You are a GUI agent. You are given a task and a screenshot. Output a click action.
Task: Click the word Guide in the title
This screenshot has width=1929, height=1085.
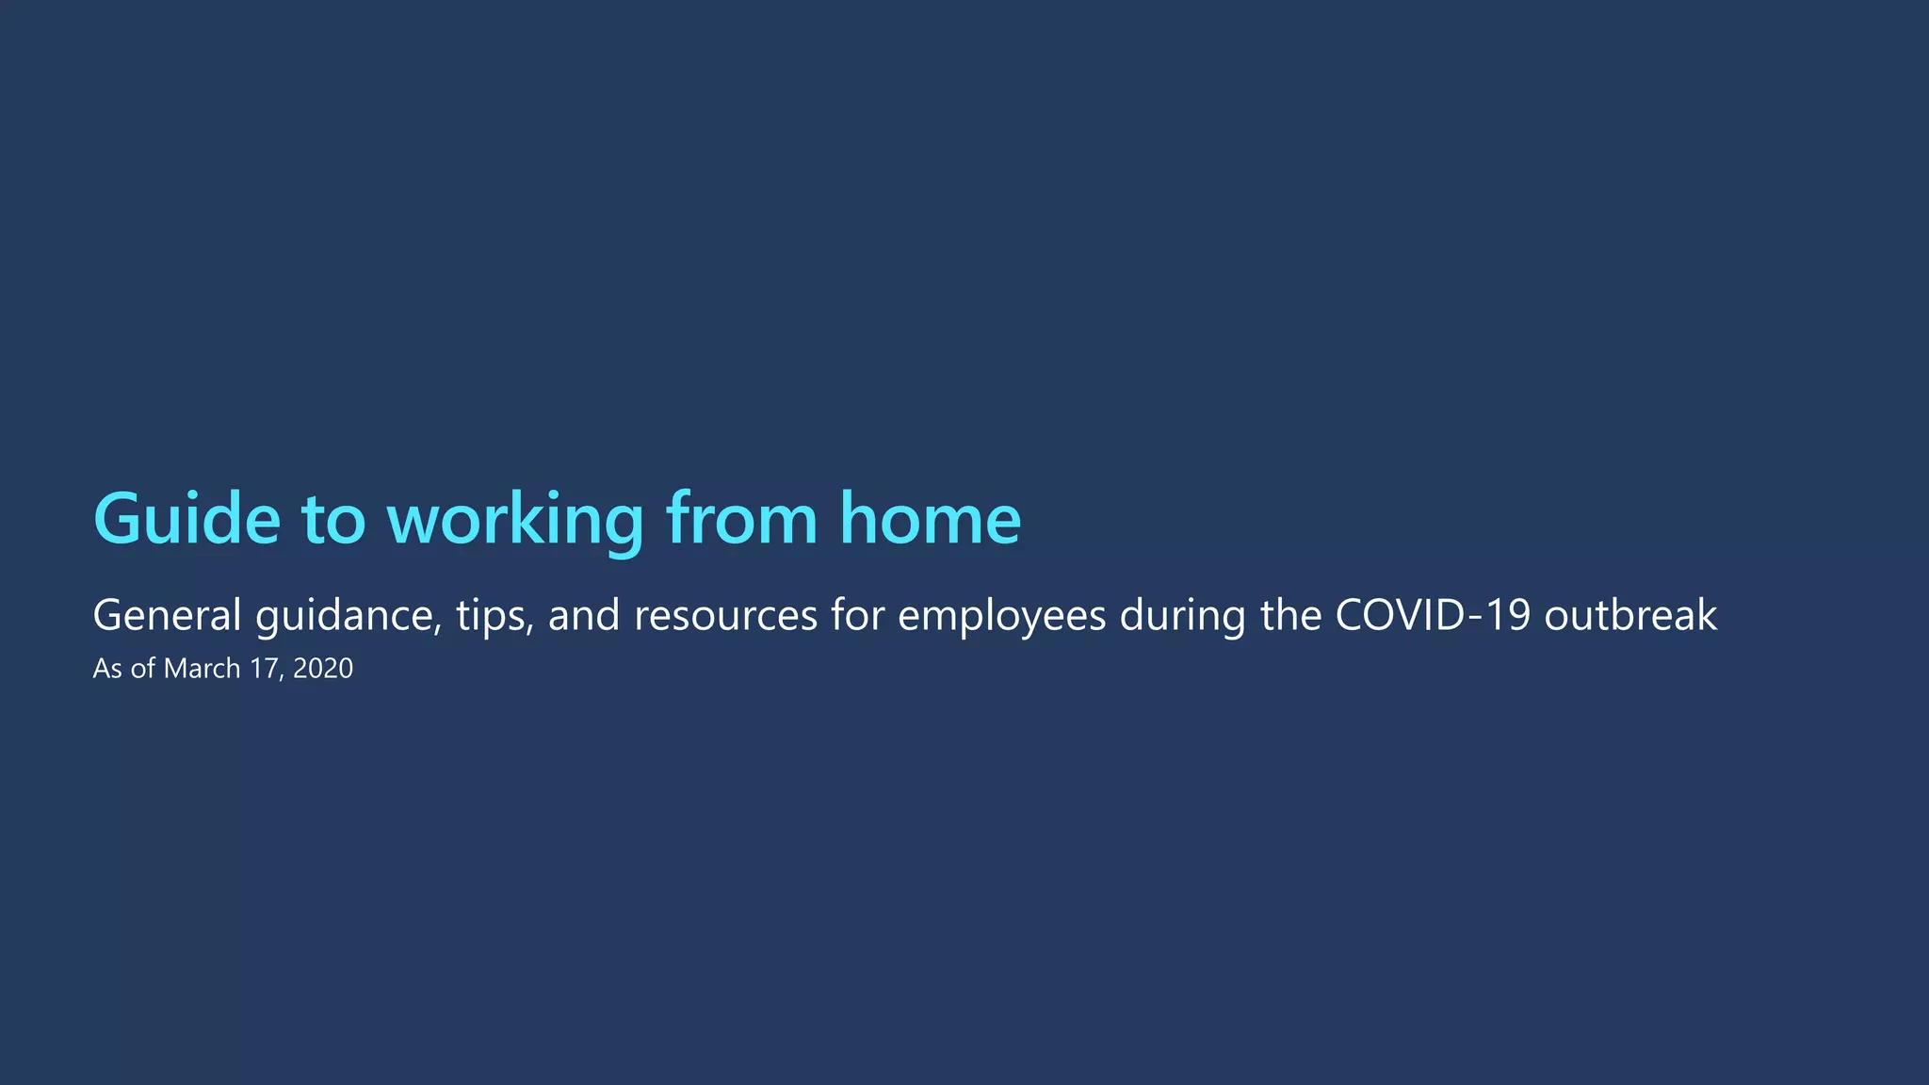pyautogui.click(x=186, y=519)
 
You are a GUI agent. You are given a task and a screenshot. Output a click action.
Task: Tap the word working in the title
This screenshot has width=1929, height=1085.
pyautogui.click(x=515, y=519)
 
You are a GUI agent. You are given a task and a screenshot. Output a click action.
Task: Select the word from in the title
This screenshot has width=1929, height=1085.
pyautogui.click(x=741, y=519)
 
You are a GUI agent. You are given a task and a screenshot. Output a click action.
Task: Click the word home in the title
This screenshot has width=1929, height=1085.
pyautogui.click(x=930, y=519)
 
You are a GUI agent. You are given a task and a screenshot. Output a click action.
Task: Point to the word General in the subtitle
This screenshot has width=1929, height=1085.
pyautogui.click(x=167, y=616)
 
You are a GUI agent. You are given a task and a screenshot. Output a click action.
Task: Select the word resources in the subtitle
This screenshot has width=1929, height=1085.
pyautogui.click(x=725, y=616)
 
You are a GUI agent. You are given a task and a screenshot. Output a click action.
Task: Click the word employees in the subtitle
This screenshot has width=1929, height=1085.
pyautogui.click(x=1001, y=616)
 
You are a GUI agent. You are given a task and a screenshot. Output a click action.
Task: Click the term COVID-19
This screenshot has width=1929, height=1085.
pyautogui.click(x=1433, y=616)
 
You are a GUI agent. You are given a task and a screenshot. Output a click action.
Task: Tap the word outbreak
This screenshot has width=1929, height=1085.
pyautogui.click(x=1630, y=616)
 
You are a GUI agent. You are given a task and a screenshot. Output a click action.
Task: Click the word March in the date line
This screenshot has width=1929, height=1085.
pyautogui.click(x=203, y=669)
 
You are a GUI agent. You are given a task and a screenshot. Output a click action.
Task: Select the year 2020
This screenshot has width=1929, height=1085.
pyautogui.click(x=323, y=669)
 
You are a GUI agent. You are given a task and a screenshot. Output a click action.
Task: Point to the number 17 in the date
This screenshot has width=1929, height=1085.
pyautogui.click(x=264, y=669)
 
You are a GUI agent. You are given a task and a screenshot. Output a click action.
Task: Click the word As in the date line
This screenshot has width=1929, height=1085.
pyautogui.click(x=107, y=669)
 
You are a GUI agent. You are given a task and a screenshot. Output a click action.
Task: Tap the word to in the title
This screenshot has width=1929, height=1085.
pyautogui.click(x=332, y=519)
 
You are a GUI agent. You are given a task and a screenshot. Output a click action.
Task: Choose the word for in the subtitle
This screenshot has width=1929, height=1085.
pyautogui.click(x=857, y=616)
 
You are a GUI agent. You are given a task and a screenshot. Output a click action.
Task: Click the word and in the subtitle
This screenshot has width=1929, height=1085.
pyautogui.click(x=584, y=616)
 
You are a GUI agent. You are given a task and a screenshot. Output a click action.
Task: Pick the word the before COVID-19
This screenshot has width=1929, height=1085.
pyautogui.click(x=1291, y=616)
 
